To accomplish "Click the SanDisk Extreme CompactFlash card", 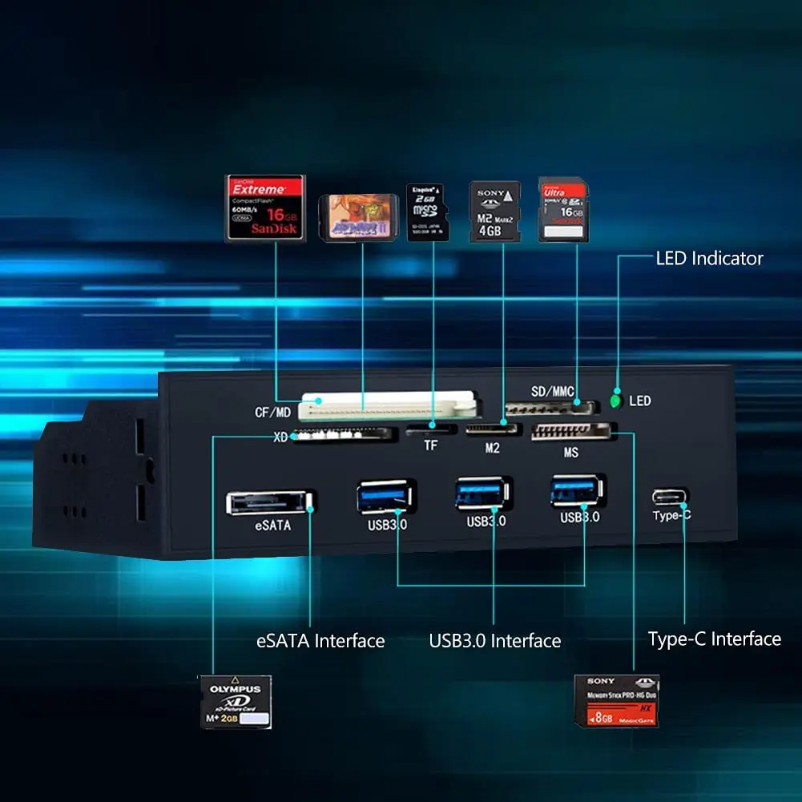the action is click(x=266, y=208).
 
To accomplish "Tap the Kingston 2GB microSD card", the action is click(x=428, y=212).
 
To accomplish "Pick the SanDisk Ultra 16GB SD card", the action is click(x=562, y=210).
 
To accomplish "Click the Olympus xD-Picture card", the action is click(x=236, y=702).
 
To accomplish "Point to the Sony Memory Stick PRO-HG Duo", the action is click(x=616, y=700).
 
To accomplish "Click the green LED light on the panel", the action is click(x=616, y=400).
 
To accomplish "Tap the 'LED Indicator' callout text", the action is click(x=709, y=258).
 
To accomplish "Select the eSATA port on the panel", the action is click(x=268, y=502).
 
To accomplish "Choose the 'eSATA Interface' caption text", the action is click(x=320, y=641).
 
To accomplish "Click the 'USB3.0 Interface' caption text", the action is click(x=494, y=641).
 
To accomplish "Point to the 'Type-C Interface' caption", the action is click(x=714, y=639).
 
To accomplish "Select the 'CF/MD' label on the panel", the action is click(x=272, y=413).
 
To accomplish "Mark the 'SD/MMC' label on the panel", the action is click(x=553, y=392).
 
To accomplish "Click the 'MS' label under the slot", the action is click(x=570, y=453).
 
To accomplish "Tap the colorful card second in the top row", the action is click(x=358, y=218).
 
